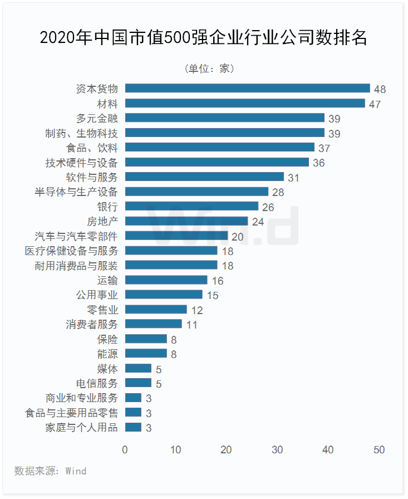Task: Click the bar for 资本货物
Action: (247, 88)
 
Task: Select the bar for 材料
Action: (245, 103)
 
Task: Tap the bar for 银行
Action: (191, 206)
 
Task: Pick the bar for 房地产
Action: (186, 221)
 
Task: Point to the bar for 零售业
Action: (156, 309)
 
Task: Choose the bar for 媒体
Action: (138, 368)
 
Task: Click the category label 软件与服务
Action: (92, 177)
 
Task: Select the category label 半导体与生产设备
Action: (76, 192)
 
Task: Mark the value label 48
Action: (380, 89)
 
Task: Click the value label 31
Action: (293, 178)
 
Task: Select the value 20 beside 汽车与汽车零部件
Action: (237, 237)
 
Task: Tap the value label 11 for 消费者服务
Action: (191, 325)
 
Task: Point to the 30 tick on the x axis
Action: (277, 450)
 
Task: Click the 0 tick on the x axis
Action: (125, 450)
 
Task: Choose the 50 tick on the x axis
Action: (379, 450)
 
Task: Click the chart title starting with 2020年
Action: (204, 38)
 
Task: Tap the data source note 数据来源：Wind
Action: (50, 471)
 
